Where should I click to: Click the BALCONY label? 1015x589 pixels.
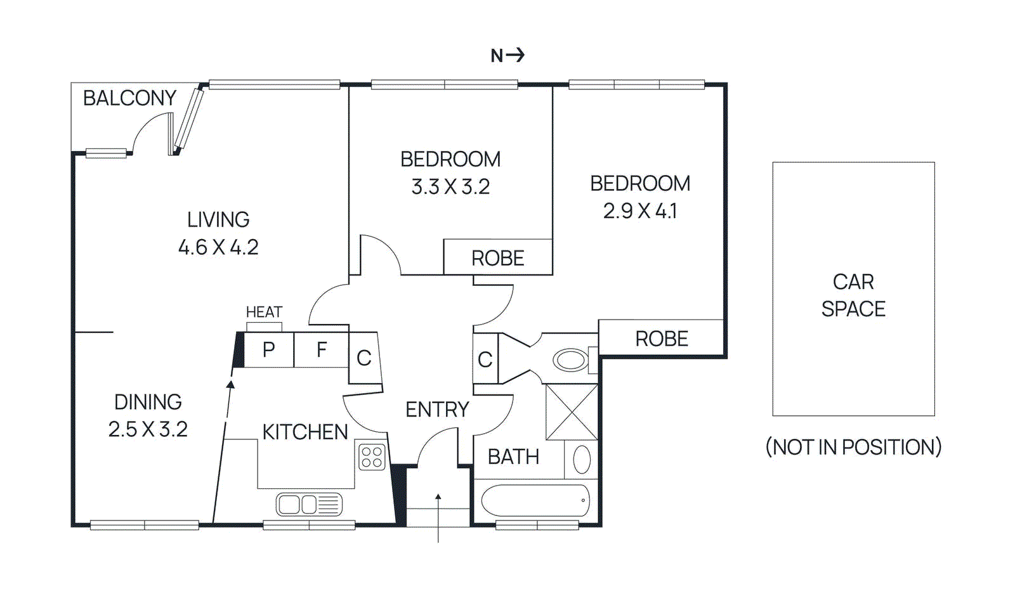tap(129, 98)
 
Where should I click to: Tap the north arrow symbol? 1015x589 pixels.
tap(507, 55)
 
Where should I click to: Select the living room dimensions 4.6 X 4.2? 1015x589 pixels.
tap(218, 247)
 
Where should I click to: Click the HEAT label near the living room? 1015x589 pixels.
tap(264, 312)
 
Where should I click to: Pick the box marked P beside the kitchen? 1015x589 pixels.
tap(269, 349)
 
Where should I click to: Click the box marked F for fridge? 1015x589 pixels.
tap(322, 349)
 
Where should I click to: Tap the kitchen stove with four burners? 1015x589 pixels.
tap(372, 457)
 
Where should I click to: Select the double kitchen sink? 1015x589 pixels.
tap(309, 505)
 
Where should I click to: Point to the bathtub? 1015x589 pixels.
tap(535, 501)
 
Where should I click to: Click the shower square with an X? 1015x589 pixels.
tap(572, 412)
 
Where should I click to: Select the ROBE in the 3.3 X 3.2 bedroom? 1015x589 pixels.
tap(497, 258)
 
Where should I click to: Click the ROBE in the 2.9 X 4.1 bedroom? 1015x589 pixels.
tap(661, 339)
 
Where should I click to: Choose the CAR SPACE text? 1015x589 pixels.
tap(853, 295)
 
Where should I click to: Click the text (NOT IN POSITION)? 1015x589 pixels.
tap(853, 447)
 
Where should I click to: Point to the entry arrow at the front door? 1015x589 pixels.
tap(438, 517)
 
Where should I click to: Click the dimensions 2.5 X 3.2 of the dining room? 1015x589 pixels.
tap(148, 429)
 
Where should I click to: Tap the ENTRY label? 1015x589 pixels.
tap(437, 410)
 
